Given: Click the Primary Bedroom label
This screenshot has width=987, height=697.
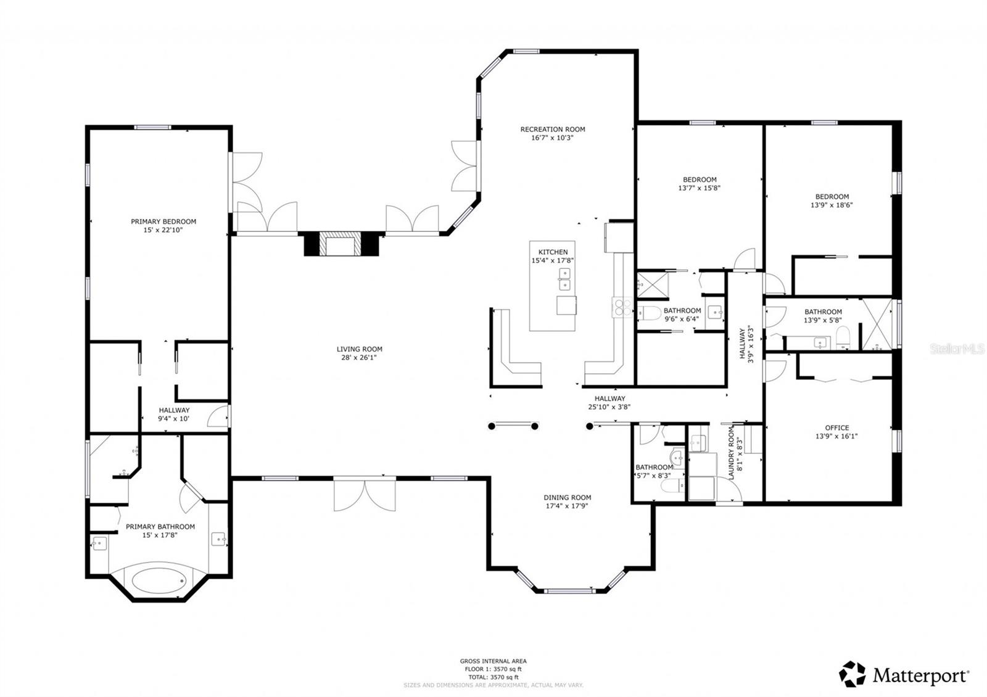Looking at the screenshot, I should click(163, 221).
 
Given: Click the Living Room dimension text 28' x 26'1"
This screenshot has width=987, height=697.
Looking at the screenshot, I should click(359, 357).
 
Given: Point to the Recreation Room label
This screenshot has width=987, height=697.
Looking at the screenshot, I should click(552, 130).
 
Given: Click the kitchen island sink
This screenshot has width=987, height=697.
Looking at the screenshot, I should click(564, 279).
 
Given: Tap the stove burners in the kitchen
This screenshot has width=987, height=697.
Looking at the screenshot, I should click(620, 307).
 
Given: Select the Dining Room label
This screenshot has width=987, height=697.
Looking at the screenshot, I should click(567, 497).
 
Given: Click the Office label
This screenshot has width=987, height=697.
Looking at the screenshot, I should click(836, 427).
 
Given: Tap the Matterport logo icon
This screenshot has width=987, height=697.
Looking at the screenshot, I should click(853, 674).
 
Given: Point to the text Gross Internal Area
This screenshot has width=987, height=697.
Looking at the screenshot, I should click(493, 661).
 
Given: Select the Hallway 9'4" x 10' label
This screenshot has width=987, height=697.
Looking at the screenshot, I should click(174, 410).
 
